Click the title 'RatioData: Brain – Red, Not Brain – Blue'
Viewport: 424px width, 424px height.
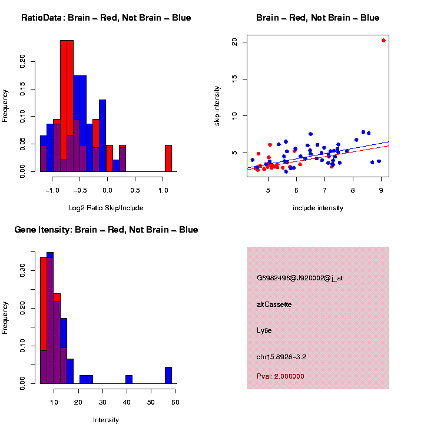106,18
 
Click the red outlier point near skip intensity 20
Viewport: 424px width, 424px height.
383,41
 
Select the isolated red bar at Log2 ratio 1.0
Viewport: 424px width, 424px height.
168,158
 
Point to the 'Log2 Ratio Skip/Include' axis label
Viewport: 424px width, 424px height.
106,208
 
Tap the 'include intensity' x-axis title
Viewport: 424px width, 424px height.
318,208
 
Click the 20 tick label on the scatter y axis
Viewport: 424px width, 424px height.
234,42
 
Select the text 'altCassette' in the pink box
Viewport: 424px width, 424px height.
274,304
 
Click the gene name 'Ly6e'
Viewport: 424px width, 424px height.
264,330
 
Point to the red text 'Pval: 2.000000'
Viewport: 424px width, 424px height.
280,376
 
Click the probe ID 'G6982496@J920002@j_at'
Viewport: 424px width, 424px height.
300,278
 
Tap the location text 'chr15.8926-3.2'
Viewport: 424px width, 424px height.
281,357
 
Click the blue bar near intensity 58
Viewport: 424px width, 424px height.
168,375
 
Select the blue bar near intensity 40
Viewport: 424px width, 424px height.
128,379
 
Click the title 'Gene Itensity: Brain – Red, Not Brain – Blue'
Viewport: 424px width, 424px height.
106,230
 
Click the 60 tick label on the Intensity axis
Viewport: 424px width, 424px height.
175,402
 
